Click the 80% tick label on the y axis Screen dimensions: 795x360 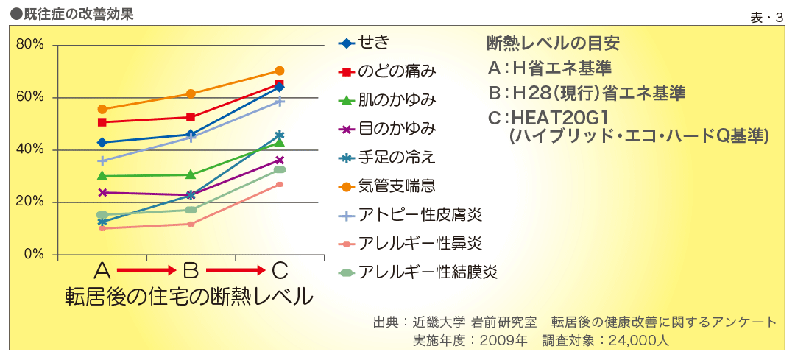point(30,45)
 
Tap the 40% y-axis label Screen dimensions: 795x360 point(30,150)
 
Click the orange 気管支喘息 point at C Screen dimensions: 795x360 point(280,71)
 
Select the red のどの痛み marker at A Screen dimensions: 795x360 point(102,122)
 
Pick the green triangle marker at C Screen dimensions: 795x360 point(280,142)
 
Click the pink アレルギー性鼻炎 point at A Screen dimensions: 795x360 point(102,228)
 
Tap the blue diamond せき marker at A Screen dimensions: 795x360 point(102,142)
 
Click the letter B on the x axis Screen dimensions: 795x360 point(190,271)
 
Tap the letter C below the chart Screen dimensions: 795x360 point(280,271)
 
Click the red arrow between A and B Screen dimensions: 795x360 point(146,271)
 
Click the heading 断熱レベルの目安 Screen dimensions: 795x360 point(553,43)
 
